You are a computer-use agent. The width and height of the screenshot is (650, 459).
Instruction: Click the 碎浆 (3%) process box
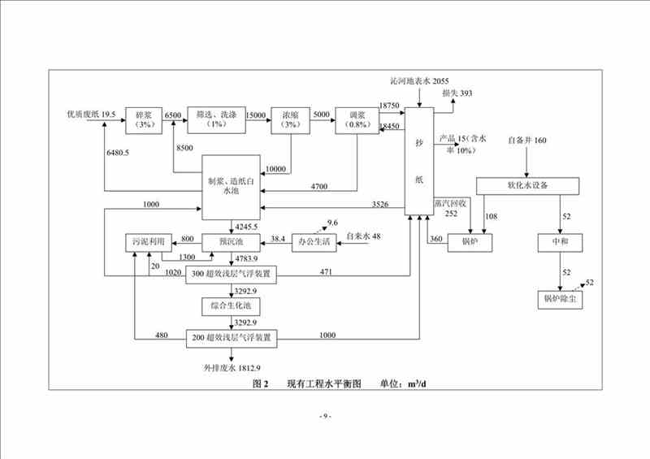click(145, 119)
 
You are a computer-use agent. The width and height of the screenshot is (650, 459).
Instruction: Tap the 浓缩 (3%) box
click(290, 119)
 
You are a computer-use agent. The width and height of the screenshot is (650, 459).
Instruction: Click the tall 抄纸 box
click(420, 159)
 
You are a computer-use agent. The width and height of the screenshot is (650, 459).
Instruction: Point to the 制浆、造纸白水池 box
click(235, 186)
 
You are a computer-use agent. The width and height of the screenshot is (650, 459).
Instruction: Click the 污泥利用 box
click(148, 241)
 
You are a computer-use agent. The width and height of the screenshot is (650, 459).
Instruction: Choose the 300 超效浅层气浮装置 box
click(232, 275)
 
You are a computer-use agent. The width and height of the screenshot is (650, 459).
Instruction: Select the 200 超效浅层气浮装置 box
click(232, 336)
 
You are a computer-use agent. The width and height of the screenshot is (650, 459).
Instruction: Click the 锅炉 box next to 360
click(470, 241)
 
